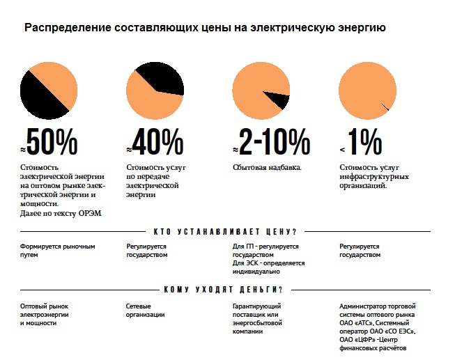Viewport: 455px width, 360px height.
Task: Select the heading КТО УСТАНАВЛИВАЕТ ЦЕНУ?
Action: click(224, 231)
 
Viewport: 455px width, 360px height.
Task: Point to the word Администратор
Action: click(366, 306)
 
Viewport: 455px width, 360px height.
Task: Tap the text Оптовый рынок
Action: click(45, 306)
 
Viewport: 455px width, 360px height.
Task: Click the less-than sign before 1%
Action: click(342, 150)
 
